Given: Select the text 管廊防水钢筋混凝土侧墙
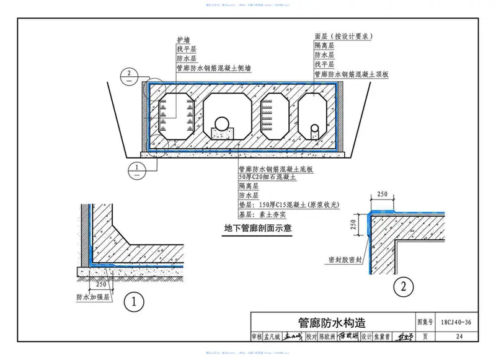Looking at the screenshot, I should coord(213,69).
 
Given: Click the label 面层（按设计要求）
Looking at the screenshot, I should coord(343,36).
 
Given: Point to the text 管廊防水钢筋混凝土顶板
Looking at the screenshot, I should coord(351,74).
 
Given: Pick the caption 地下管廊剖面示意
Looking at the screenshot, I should coord(258,228).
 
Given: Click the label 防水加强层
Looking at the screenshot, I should coord(92,297).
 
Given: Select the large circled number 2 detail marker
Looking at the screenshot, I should coord(404,287).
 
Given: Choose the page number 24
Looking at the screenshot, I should coord(459,337).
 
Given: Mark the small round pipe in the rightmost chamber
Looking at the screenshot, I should coord(315,128).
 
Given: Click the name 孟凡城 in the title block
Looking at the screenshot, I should coord(273,337).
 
